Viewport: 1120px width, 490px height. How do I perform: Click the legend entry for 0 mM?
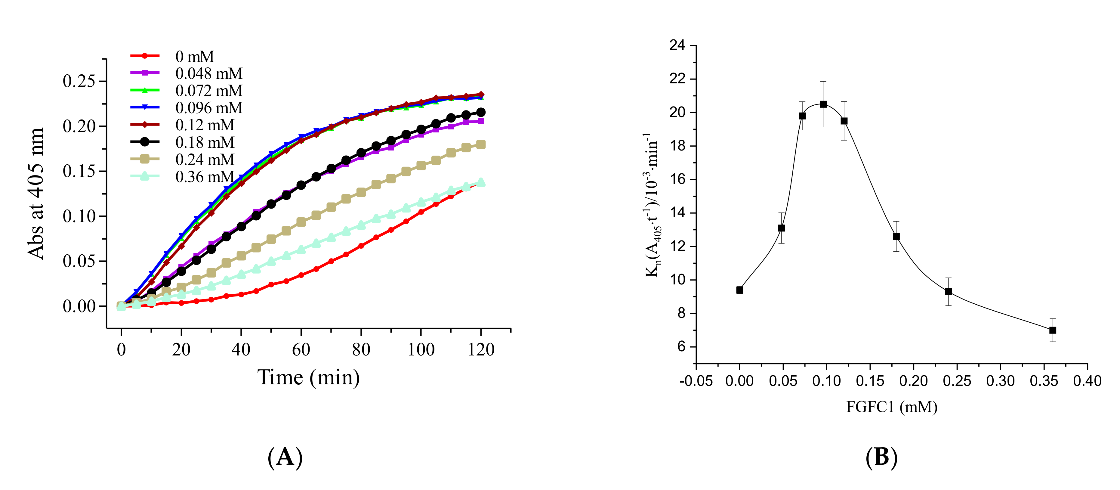[194, 57]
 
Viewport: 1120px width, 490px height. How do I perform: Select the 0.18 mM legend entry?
[204, 142]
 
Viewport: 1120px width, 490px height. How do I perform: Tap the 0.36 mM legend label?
[204, 177]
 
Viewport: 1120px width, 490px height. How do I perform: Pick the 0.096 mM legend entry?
[209, 108]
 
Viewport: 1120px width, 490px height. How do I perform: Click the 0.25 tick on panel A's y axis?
[79, 81]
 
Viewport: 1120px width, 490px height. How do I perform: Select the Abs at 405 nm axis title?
[36, 194]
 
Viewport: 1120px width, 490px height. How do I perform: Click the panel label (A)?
[285, 457]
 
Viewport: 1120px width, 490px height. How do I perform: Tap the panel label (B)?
[881, 457]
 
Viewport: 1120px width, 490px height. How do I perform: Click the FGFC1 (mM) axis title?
[891, 407]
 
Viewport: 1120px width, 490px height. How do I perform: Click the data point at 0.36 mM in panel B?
[1053, 330]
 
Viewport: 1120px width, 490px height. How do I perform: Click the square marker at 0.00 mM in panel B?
[739, 290]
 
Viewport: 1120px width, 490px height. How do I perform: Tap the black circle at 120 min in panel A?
[481, 112]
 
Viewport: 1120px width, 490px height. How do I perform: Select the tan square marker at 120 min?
[481, 144]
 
